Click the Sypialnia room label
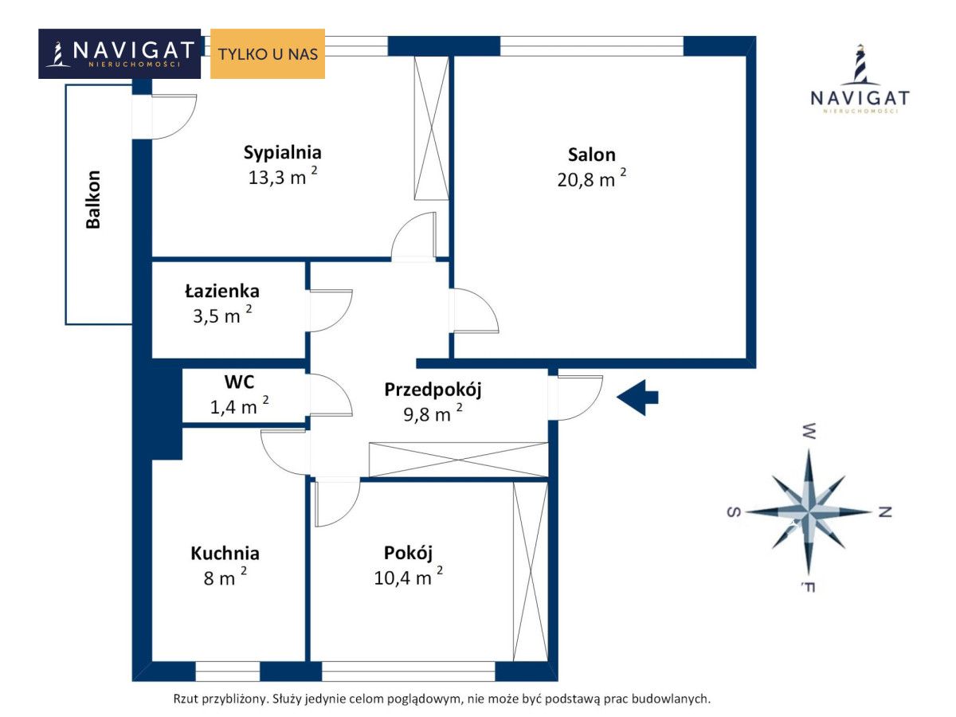click(x=282, y=153)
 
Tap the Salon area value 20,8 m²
click(x=591, y=178)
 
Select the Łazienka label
click(x=222, y=291)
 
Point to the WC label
click(x=239, y=382)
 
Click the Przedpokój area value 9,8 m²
click(x=433, y=413)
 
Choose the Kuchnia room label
click(x=225, y=554)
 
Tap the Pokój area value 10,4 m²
click(x=409, y=576)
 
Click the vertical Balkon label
click(x=93, y=200)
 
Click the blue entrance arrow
click(x=637, y=398)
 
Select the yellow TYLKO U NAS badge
click(x=268, y=53)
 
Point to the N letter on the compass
click(x=885, y=512)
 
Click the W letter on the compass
click(x=809, y=431)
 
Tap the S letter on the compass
click(x=734, y=512)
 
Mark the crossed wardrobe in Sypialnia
click(x=431, y=128)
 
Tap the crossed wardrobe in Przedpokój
click(x=458, y=460)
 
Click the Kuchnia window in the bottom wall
click(x=227, y=672)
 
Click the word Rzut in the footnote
click(x=185, y=699)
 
